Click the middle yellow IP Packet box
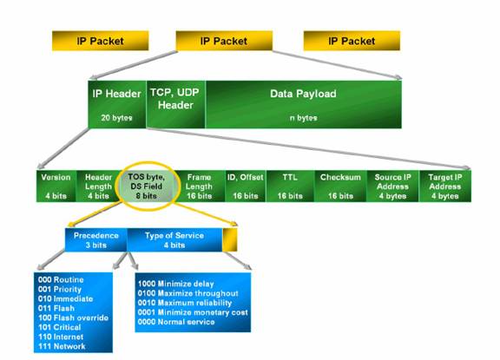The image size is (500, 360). point(224,41)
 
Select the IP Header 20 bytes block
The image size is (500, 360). point(117,104)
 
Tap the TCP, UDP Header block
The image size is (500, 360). point(175,104)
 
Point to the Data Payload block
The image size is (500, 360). point(303,104)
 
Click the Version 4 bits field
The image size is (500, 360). point(56,187)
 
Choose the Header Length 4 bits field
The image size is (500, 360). point(98,187)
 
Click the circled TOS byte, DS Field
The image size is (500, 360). point(147,187)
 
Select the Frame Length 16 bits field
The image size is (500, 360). point(200,187)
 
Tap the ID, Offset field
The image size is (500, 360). point(245,187)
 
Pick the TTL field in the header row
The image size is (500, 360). point(290,187)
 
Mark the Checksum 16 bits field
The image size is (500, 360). point(340,187)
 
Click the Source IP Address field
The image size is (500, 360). point(392,187)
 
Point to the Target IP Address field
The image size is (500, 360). point(444,187)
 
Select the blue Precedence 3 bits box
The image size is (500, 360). point(96,240)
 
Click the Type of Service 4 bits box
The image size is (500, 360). point(174,240)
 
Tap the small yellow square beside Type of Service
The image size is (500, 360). point(229,240)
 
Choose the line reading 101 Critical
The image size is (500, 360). point(60,327)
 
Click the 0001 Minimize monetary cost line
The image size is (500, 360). point(193,312)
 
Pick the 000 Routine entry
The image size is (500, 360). point(61,279)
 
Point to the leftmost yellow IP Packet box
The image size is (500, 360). point(101,41)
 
